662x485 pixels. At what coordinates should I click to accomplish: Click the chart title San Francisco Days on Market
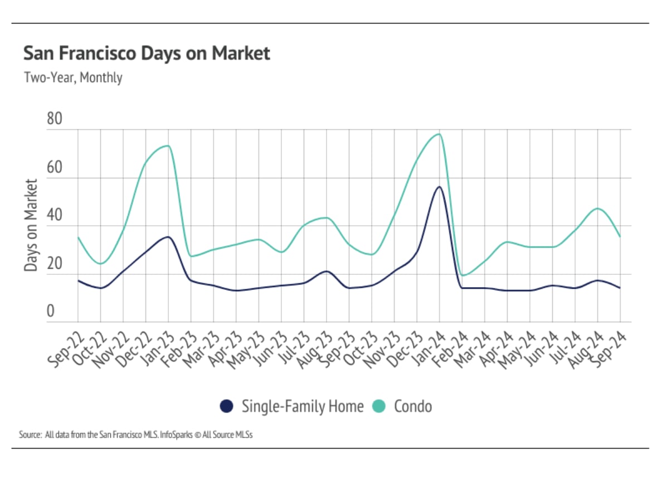click(147, 54)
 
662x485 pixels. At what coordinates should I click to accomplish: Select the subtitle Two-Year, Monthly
click(72, 77)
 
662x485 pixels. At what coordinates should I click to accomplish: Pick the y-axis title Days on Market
click(31, 225)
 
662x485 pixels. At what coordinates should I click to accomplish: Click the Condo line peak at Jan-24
click(439, 134)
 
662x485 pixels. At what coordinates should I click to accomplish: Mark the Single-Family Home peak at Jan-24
click(439, 187)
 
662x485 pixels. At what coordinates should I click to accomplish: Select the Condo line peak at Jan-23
click(168, 146)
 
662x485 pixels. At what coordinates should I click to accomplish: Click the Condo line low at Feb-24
click(463, 275)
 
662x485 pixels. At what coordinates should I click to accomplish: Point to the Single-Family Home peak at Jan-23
click(168, 237)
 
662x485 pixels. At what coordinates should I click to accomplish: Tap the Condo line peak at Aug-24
click(598, 208)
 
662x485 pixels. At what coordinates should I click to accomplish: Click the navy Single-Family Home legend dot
click(226, 406)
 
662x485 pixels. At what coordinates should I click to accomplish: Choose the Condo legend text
click(412, 406)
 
